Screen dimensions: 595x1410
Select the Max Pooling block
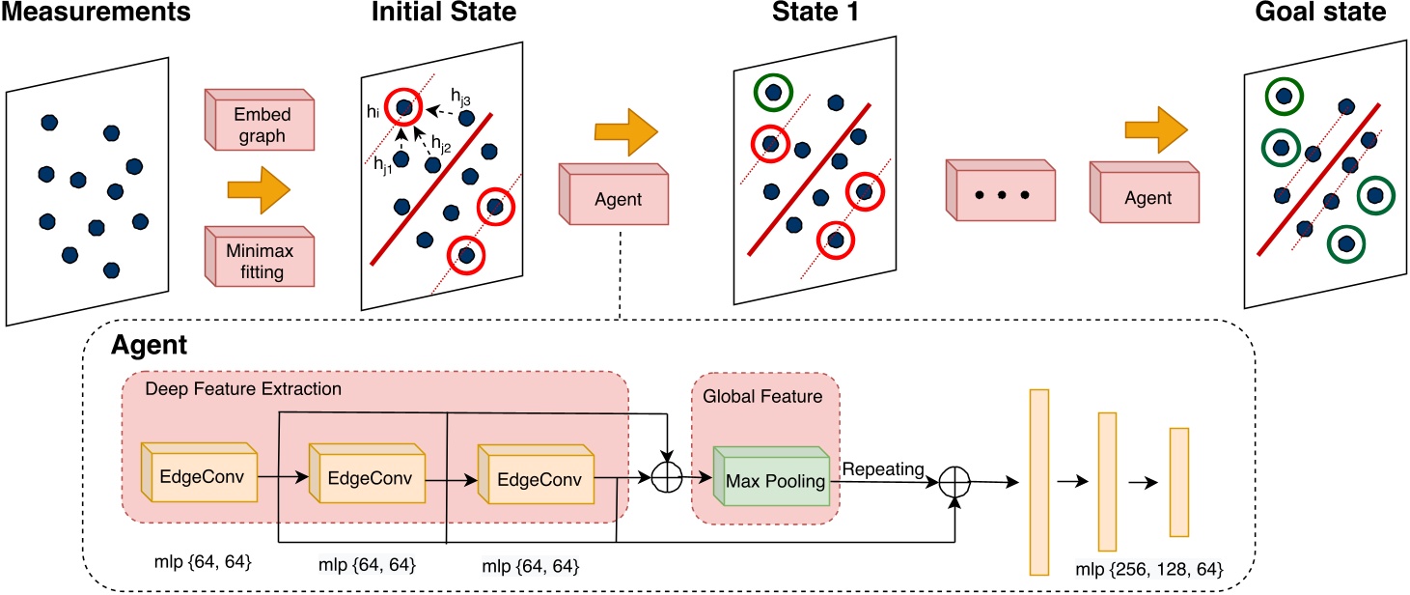(771, 481)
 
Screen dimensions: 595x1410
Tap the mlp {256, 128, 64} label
(1148, 570)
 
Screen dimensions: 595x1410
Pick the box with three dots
(1000, 196)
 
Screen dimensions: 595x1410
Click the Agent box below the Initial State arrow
(614, 199)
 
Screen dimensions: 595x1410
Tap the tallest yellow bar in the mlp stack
(1038, 480)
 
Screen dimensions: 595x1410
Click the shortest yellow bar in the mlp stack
(1178, 481)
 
